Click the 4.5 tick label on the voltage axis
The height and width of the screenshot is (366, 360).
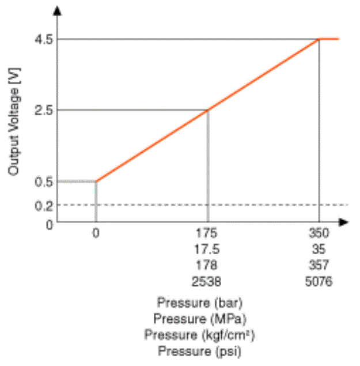(44, 40)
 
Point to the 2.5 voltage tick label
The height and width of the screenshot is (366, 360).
(44, 110)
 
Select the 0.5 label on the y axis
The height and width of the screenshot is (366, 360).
(44, 182)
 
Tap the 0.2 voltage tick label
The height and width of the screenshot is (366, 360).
(44, 205)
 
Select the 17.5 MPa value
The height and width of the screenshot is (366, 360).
(207, 250)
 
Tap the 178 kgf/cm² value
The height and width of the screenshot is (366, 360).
(207, 266)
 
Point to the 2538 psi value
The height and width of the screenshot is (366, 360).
(207, 282)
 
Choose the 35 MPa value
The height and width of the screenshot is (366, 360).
(318, 250)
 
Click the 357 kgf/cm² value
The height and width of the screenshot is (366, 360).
(318, 266)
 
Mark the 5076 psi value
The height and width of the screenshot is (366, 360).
(318, 282)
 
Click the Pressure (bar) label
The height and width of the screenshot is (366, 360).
(200, 303)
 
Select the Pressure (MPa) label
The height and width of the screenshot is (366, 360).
(200, 319)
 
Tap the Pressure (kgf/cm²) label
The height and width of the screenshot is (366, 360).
(200, 335)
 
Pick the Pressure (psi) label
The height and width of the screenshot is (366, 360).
(200, 351)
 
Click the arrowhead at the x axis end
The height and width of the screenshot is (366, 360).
(343, 222)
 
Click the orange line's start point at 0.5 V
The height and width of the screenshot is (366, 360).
(96, 182)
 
